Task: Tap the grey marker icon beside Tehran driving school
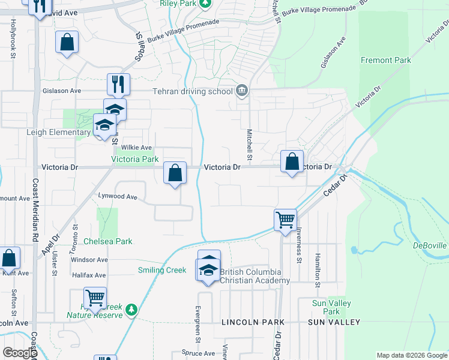pyautogui.click(x=241, y=91)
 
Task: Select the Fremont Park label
pyautogui.click(x=385, y=60)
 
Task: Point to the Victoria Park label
pyautogui.click(x=135, y=160)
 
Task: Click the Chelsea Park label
pyautogui.click(x=107, y=241)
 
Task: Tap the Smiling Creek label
pyautogui.click(x=162, y=270)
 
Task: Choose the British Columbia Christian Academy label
pyautogui.click(x=255, y=276)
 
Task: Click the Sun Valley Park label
pyautogui.click(x=327, y=307)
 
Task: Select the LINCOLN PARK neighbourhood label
pyautogui.click(x=253, y=322)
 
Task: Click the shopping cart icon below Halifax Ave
pyautogui.click(x=95, y=296)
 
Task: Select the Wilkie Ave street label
pyautogui.click(x=136, y=148)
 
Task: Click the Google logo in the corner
pyautogui.click(x=20, y=353)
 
